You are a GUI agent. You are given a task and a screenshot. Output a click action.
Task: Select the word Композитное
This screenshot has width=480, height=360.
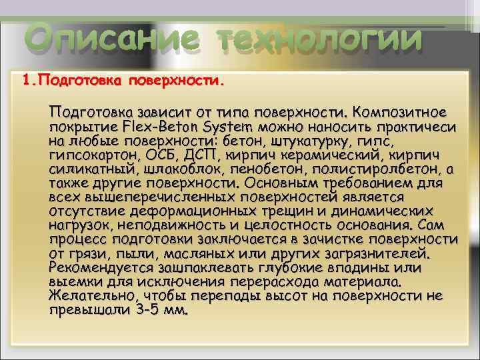(401, 110)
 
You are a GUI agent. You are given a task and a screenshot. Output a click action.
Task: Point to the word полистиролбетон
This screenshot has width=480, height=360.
(371, 169)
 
